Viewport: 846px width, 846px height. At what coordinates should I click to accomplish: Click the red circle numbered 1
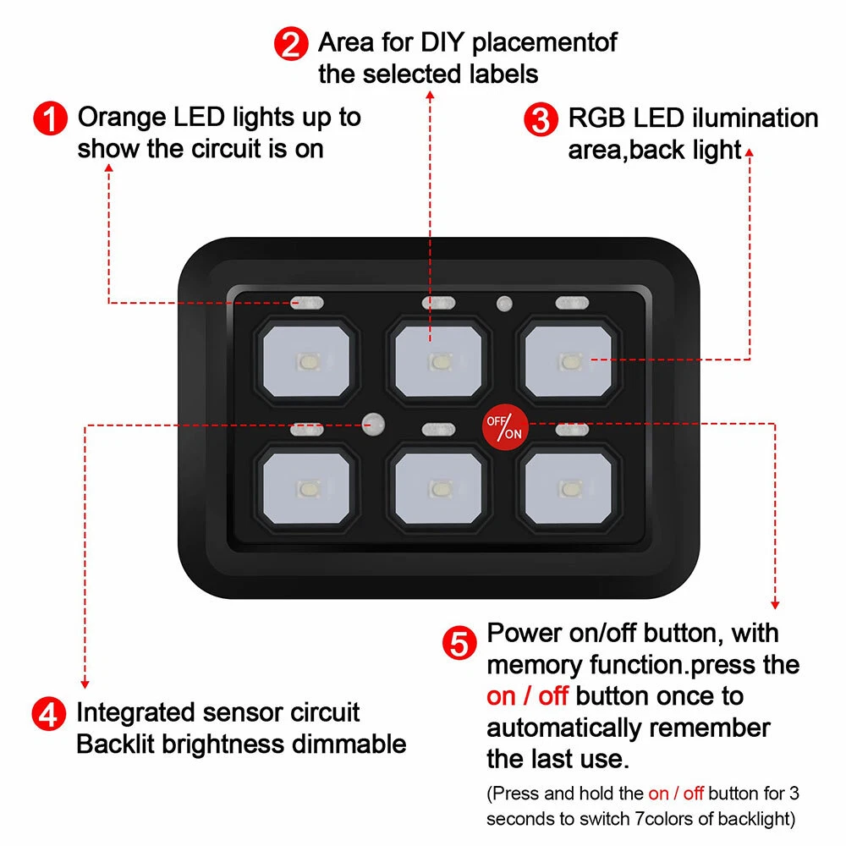pos(50,118)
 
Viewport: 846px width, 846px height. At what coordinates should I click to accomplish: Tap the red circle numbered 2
pos(291,44)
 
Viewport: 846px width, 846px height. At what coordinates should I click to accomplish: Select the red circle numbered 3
pos(541,119)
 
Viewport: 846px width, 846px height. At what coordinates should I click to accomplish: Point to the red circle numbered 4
pos(48,714)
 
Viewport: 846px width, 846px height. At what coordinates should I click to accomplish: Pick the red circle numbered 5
pos(459,643)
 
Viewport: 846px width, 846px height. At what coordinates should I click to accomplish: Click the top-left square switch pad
pos(306,361)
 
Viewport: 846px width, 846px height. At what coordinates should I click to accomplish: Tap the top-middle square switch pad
pos(438,361)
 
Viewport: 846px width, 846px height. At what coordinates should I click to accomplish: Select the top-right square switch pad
pos(569,361)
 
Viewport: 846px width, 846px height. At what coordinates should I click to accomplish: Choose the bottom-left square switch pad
pos(306,488)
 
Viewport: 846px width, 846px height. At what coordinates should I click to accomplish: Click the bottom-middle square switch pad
pos(438,488)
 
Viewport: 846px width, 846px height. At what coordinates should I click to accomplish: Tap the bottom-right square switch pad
pos(569,488)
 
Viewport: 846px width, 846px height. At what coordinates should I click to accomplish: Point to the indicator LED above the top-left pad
pos(307,303)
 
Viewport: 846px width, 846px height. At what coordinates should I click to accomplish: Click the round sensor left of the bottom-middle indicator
pos(373,424)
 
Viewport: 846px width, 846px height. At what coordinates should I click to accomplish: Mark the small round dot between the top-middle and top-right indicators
pos(504,303)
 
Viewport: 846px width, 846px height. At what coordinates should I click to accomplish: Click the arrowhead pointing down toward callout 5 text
pos(775,605)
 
